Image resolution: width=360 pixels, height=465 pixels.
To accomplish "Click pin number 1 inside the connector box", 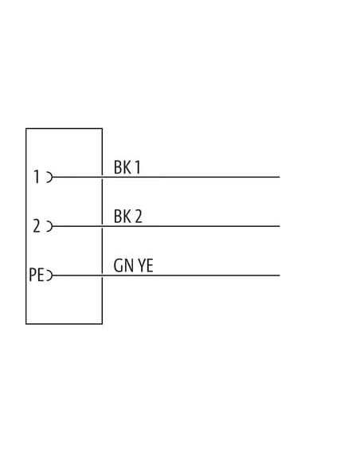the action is click(x=37, y=177).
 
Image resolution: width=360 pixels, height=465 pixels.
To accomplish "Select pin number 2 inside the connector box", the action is click(x=37, y=226).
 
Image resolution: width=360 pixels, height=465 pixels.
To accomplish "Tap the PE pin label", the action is click(x=36, y=275).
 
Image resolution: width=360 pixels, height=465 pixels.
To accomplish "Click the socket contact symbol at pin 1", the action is click(x=50, y=177).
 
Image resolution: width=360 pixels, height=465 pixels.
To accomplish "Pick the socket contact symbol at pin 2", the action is click(x=50, y=226).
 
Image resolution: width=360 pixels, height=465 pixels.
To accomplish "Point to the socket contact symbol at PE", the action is click(x=50, y=275).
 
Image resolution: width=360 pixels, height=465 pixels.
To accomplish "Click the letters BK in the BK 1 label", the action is click(x=123, y=167).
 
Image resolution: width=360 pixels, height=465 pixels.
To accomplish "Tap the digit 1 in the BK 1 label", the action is click(x=137, y=167).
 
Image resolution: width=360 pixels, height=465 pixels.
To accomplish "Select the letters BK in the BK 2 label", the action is click(x=123, y=217).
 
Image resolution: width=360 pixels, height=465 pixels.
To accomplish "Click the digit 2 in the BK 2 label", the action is click(x=139, y=217).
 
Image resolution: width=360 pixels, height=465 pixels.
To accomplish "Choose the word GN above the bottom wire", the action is click(x=123, y=266).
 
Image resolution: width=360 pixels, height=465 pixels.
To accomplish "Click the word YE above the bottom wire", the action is click(x=145, y=266).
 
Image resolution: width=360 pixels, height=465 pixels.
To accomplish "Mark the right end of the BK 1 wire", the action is click(x=280, y=177).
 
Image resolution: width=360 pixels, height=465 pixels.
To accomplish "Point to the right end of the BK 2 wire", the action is click(x=280, y=226).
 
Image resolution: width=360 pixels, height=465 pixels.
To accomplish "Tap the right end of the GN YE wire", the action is click(x=280, y=275).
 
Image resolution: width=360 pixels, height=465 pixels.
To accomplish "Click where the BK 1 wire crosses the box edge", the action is click(x=102, y=177).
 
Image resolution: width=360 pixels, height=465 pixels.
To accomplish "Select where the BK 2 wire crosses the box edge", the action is click(x=102, y=226).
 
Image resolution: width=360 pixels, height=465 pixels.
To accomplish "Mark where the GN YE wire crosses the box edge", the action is click(x=102, y=275).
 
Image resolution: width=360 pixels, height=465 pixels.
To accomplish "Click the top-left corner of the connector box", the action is click(x=26, y=128).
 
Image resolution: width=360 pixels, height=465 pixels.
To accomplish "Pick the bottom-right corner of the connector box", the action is click(x=102, y=324).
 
